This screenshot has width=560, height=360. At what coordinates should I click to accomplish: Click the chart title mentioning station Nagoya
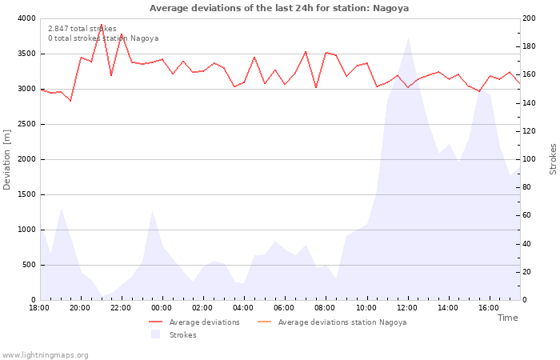coord(279,8)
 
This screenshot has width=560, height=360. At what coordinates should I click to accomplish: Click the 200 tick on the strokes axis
coord(530,18)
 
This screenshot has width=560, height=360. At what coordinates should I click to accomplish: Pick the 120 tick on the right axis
coord(530,131)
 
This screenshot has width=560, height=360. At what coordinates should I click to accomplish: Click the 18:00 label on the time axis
coord(39,307)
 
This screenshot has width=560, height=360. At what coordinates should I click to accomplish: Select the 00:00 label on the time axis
coord(162,307)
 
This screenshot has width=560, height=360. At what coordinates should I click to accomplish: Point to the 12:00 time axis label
coord(407,307)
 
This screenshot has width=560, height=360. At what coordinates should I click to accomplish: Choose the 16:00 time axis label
coord(489,307)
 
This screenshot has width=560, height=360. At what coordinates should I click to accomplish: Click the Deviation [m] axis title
coord(8,159)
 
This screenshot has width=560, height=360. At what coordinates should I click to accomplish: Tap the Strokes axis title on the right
coord(553,159)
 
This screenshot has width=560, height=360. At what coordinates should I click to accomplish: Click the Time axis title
coord(507,318)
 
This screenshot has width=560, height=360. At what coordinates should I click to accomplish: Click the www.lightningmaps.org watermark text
coord(46,354)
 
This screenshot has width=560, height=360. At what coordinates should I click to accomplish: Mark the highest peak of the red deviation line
coord(101,25)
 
